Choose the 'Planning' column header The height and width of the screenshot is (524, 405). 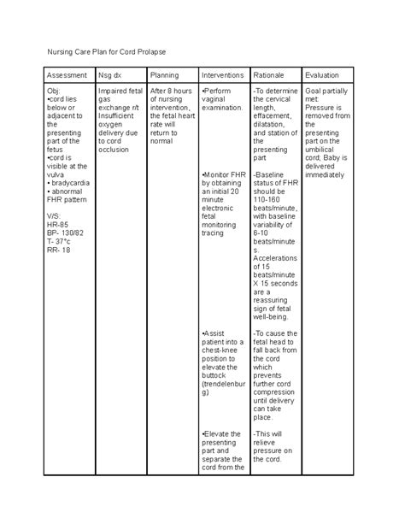165,75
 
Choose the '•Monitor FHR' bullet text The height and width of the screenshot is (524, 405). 224,174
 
